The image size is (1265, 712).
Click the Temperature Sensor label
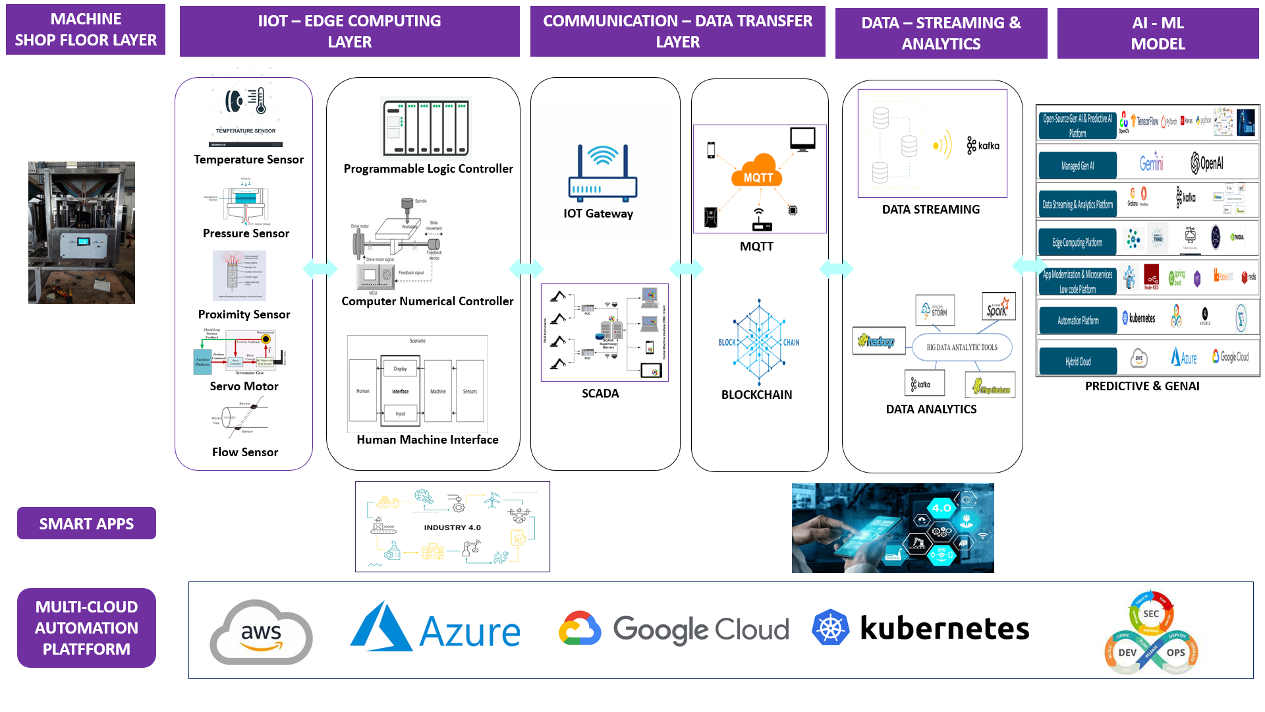[248, 160]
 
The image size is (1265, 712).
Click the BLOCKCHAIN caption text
[756, 395]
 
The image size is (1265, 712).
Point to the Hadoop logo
[878, 341]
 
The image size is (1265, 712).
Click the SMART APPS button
[86, 523]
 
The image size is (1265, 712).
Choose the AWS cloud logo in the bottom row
[261, 632]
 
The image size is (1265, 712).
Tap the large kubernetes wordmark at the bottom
[944, 629]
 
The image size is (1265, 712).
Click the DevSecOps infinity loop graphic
[1151, 634]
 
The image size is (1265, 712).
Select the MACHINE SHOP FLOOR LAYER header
[86, 30]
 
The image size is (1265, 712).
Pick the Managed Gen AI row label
[1077, 166]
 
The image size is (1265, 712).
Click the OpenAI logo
[1206, 163]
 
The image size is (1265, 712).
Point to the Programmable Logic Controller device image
[426, 128]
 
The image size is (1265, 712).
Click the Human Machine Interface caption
[427, 440]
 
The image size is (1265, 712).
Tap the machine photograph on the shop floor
[82, 233]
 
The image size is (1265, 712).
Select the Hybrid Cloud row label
[1078, 361]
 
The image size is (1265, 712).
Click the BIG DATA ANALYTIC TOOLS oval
[962, 347]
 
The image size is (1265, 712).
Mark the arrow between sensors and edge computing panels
[320, 269]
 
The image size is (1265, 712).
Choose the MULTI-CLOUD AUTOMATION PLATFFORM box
[86, 628]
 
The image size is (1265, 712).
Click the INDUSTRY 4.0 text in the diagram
[452, 527]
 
